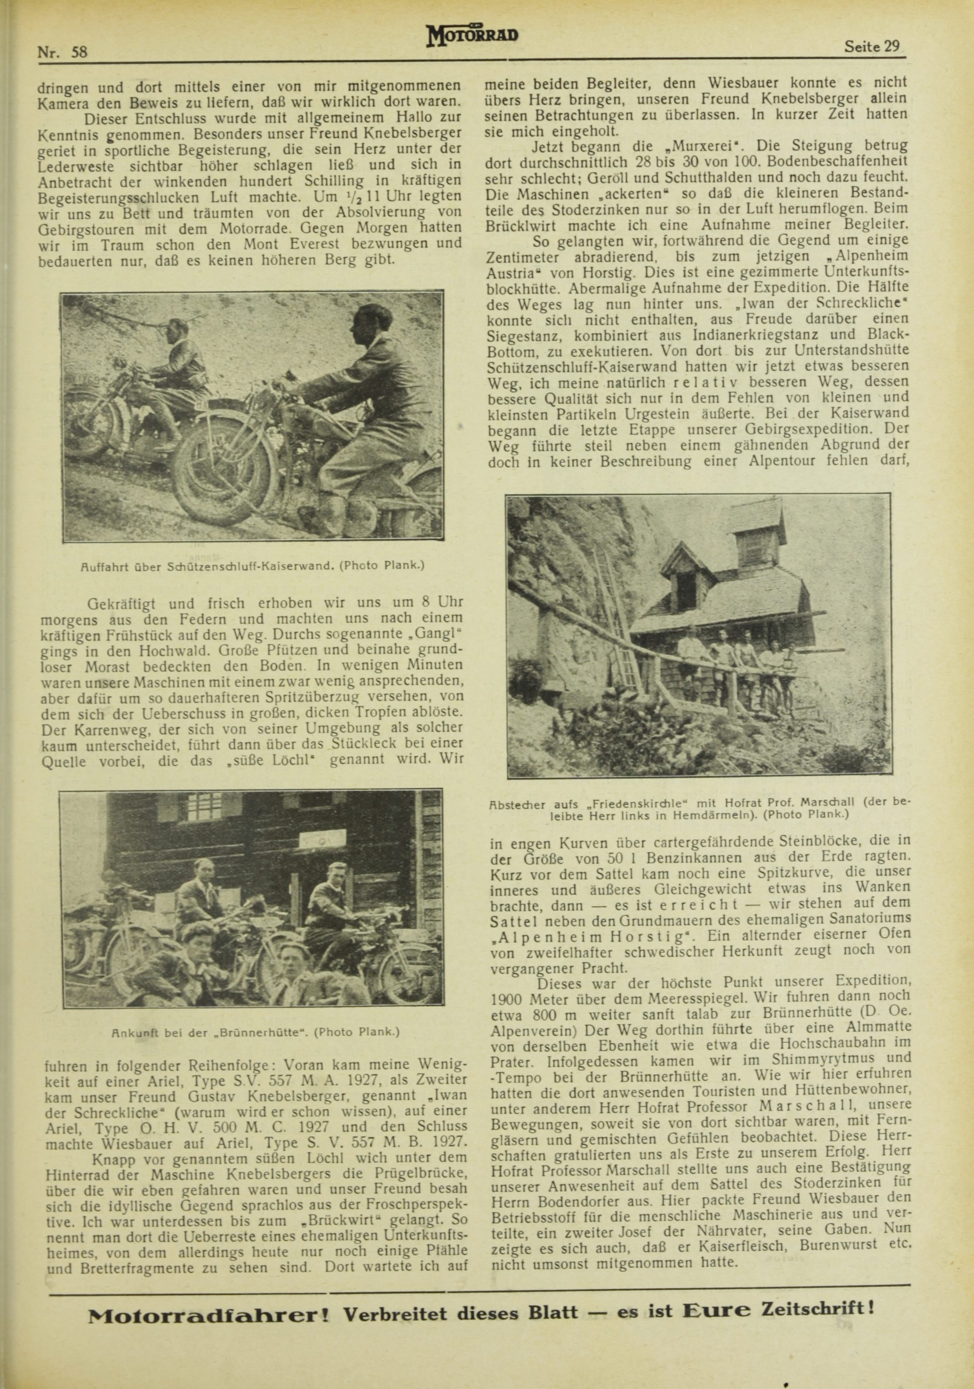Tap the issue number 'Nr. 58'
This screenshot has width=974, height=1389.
62,52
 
